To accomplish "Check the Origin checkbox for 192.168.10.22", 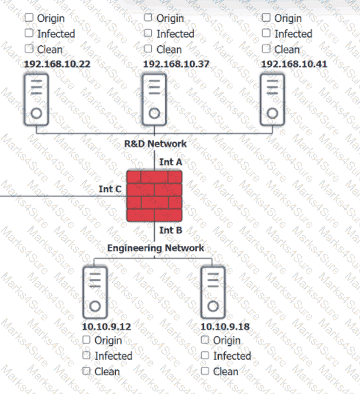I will coord(29,18).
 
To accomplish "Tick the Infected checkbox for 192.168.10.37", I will coord(148,34).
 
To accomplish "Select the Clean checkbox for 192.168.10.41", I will coord(266,49).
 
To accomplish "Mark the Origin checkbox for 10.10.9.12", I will coord(86,339).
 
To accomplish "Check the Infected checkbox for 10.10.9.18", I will coord(205,355).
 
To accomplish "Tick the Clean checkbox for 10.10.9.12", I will coord(86,371).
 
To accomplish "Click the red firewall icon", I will coord(154,196).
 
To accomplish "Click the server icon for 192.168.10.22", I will coord(36,99).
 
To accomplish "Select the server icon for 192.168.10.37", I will coord(154,99).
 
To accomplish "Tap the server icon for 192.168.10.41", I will coord(272,99).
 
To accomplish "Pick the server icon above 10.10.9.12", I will coord(95,292).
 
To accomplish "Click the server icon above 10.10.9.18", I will coord(213,292).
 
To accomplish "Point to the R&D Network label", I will coord(155,143).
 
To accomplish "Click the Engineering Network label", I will coord(155,248).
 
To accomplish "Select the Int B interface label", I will coord(171,231).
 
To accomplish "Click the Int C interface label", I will coord(110,189).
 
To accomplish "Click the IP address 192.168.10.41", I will coord(295,64).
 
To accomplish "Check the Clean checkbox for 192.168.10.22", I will coord(29,49).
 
